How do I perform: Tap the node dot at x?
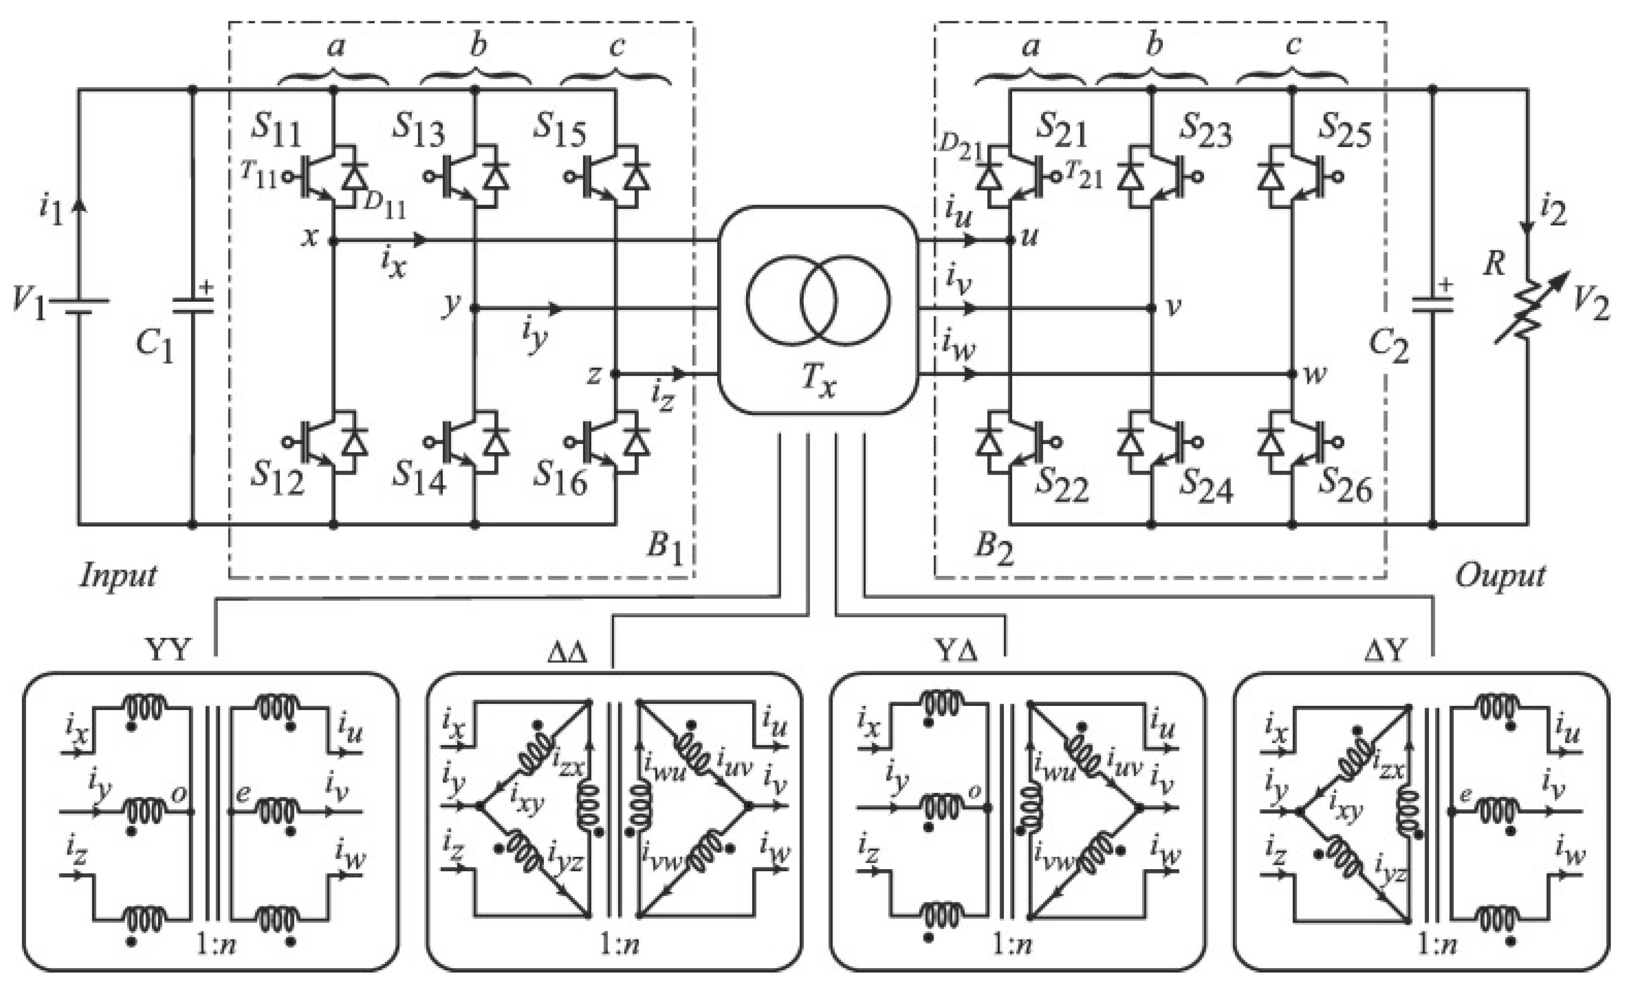tap(333, 241)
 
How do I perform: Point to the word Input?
tap(118, 575)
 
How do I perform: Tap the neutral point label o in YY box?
tap(178, 794)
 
